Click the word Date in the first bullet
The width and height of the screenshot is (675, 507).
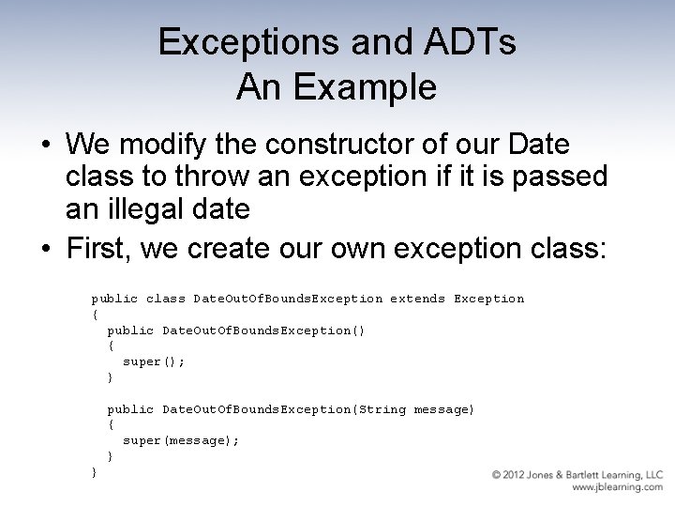[536, 145]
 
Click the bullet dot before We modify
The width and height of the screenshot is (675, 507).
[45, 146]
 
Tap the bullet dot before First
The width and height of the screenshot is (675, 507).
[45, 250]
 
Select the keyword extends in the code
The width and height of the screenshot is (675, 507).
[417, 299]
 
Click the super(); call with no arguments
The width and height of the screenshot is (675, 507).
[154, 361]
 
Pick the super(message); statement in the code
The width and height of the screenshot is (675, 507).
[181, 440]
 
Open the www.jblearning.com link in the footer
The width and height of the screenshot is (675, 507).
[617, 487]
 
